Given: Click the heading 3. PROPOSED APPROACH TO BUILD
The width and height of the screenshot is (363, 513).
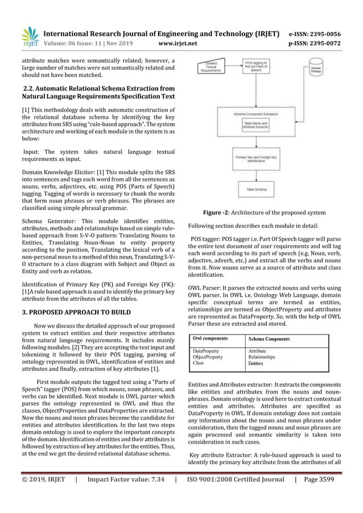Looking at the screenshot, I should coord(76,312).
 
